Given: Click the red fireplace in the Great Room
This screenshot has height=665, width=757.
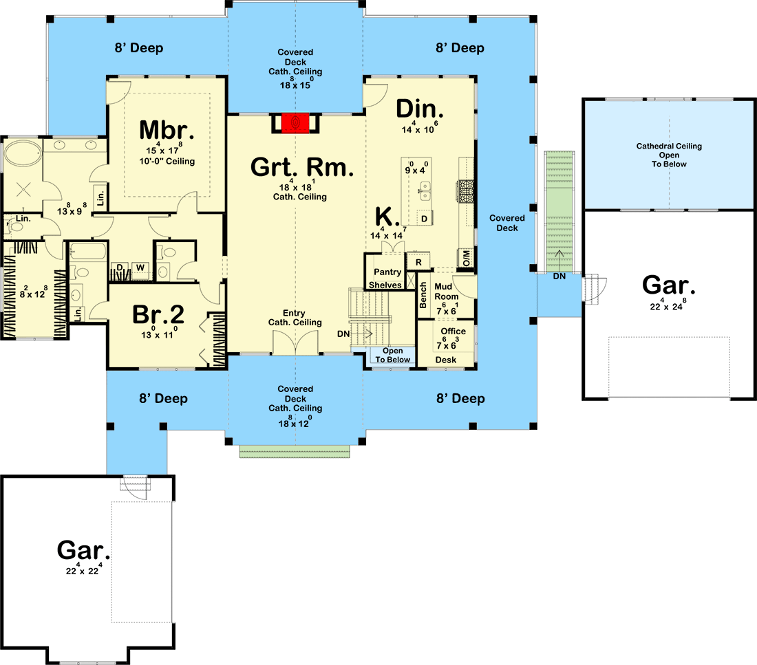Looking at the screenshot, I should point(295,123).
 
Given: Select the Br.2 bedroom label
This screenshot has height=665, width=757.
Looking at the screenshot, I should point(158,315).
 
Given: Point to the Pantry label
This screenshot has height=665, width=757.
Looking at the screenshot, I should point(387,272).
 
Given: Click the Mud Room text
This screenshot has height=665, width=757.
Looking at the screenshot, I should point(447,292).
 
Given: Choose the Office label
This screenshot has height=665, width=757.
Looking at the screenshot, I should point(454,331).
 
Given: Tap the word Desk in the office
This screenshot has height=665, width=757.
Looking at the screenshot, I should point(446,360).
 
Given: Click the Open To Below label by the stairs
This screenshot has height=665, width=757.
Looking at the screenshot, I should point(393,356).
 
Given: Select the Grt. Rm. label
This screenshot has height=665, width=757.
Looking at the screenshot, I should point(303,167).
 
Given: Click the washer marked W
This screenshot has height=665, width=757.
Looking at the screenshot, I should point(140,267).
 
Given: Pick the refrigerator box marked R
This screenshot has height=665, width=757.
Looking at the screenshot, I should point(418,262).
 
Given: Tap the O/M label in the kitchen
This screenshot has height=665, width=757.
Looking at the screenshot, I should point(466,258).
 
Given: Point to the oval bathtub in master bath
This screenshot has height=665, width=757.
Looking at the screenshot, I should point(21,153).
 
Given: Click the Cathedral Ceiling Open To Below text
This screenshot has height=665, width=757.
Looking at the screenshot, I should point(669,155).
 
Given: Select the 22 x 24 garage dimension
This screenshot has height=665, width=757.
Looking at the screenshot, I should point(668,307).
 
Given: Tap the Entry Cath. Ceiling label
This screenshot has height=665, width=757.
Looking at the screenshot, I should point(295,318).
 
